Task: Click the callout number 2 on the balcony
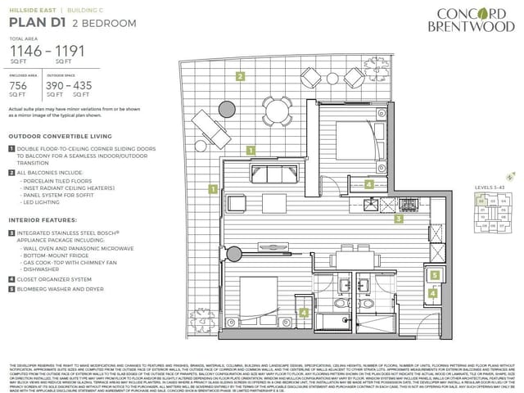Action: point(240,77)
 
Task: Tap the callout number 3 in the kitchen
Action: point(399,219)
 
